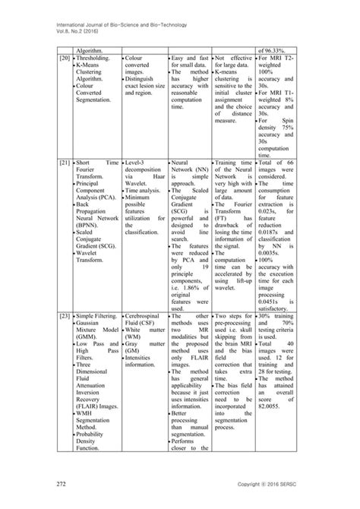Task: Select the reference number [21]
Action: point(66,184)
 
